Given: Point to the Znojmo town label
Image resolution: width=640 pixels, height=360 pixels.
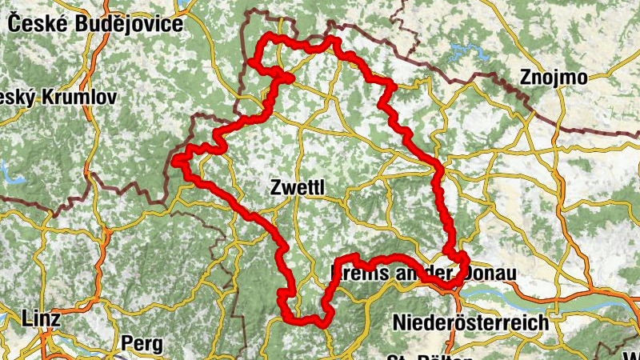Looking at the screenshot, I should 553,78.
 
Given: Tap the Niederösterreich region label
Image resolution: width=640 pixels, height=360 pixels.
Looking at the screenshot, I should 470,322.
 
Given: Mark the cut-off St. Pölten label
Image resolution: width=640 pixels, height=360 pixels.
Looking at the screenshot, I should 416,356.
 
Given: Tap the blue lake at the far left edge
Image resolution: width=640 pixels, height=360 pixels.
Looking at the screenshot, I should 5,170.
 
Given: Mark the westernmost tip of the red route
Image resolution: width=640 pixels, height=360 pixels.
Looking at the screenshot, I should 174,162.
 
